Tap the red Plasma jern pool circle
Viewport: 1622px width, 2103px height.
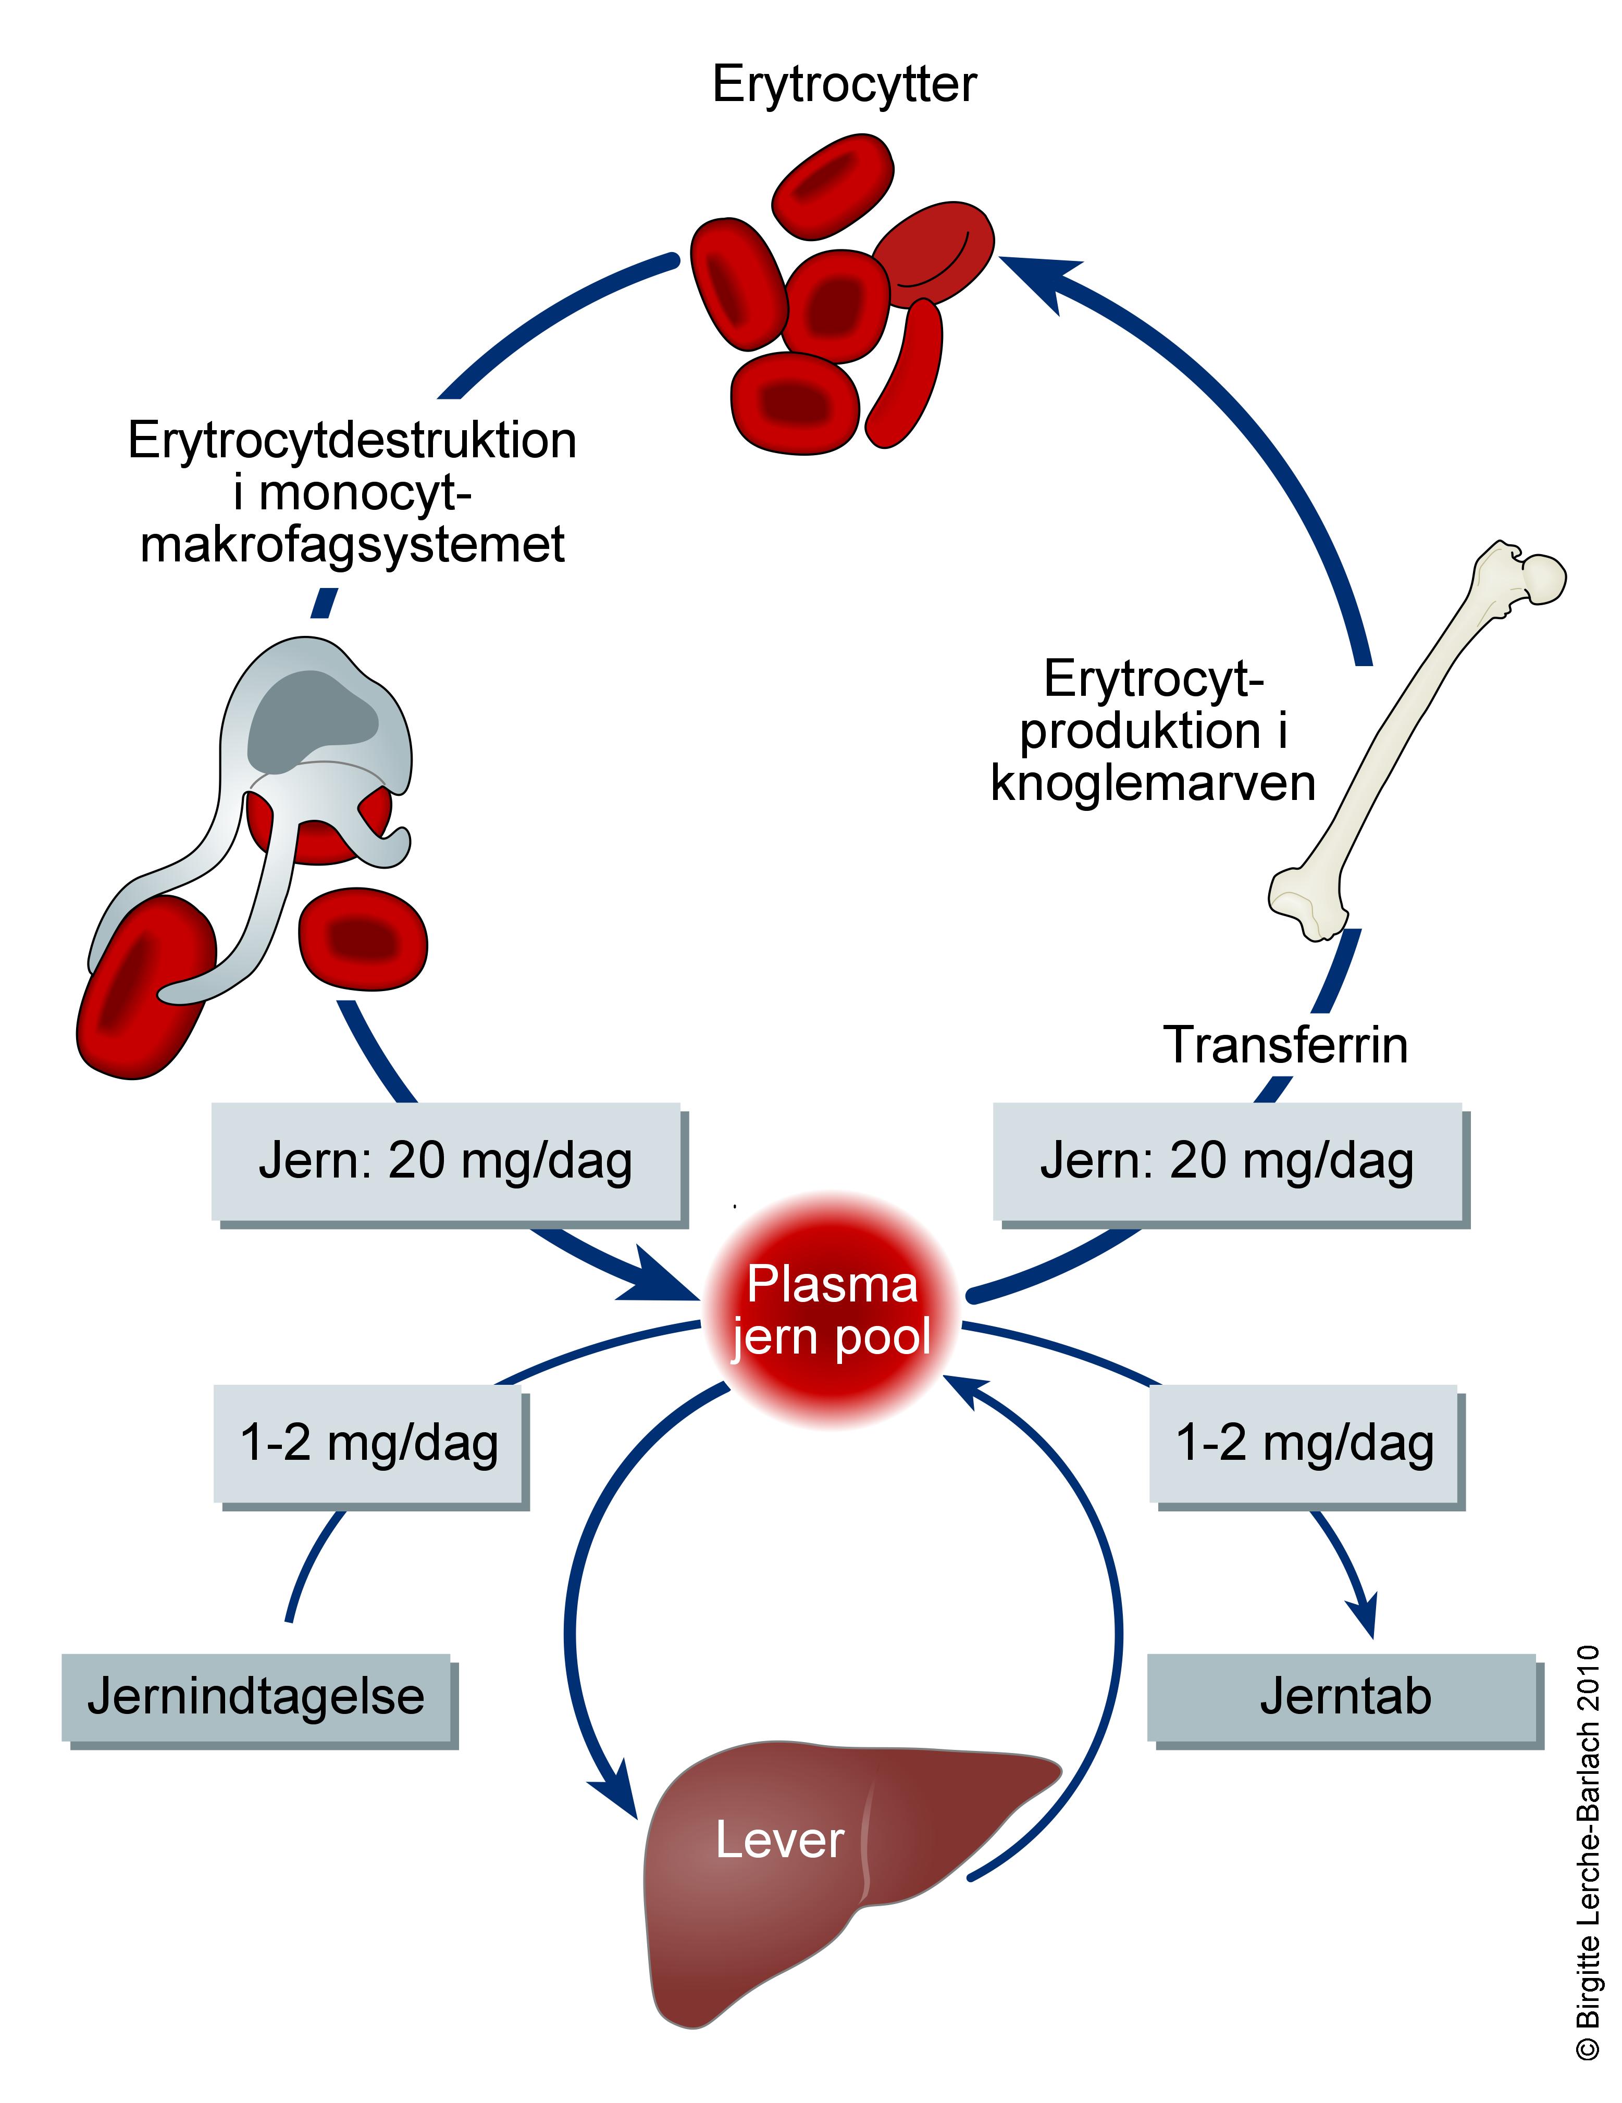coord(830,1310)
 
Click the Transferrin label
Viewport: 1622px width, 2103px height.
coord(1285,1045)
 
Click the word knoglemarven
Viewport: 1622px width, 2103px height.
coord(1153,783)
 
